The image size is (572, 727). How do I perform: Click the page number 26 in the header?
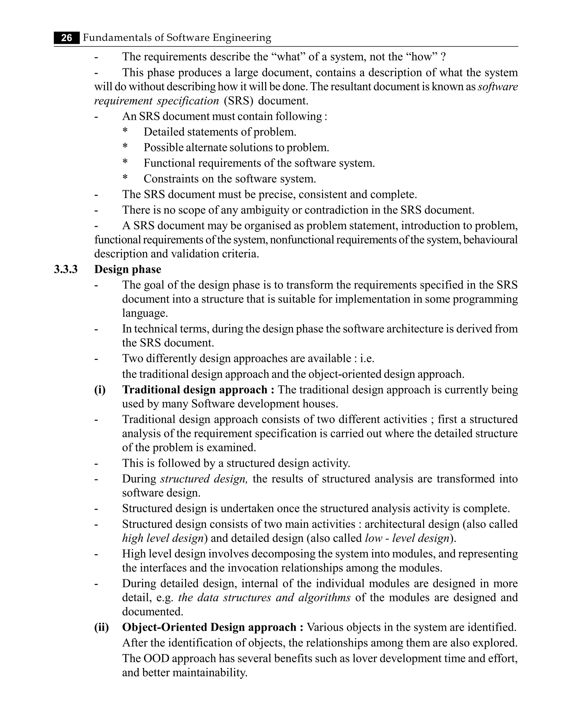pos(67,38)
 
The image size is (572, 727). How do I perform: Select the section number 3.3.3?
pos(66,270)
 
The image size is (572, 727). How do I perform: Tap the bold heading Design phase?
pos(128,270)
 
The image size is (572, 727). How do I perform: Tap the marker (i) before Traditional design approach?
pos(100,390)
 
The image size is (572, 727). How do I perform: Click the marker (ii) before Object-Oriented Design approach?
pos(101,627)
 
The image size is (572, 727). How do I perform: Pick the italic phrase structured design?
pos(204,479)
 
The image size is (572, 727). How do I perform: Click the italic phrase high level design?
pos(163,538)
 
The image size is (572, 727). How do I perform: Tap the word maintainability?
pos(210,673)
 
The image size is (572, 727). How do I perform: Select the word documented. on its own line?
pos(152,612)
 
